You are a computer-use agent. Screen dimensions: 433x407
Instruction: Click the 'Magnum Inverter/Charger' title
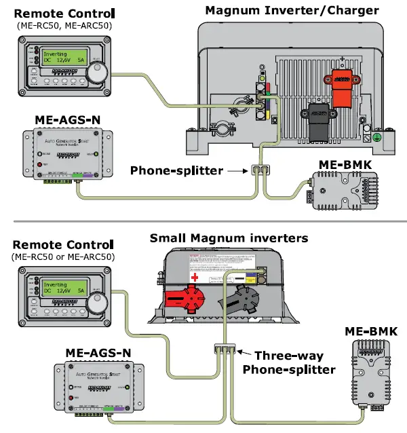tap(293, 9)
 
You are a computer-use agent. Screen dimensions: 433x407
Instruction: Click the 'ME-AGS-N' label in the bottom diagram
tap(98, 353)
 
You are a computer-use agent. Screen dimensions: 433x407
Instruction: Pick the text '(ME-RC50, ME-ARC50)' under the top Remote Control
tap(64, 25)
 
